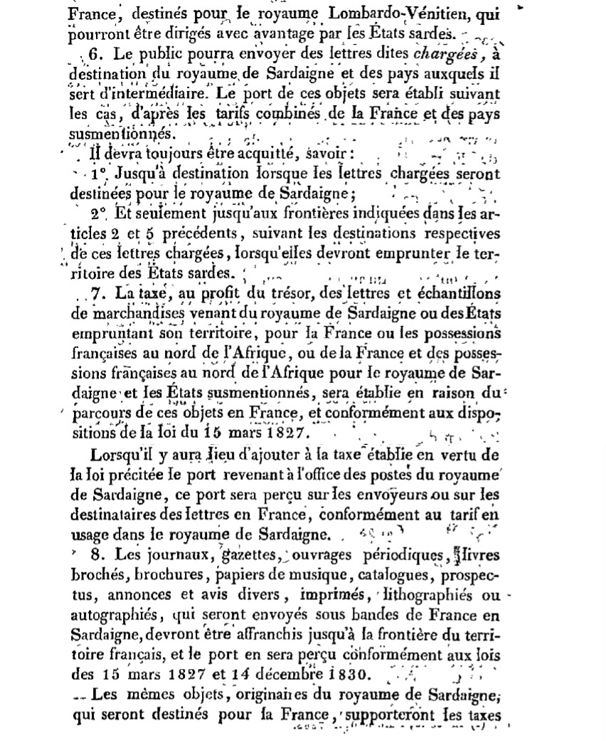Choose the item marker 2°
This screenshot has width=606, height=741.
tap(99, 214)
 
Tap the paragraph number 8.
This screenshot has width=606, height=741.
tap(100, 554)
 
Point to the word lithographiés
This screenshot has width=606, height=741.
tap(435, 594)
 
